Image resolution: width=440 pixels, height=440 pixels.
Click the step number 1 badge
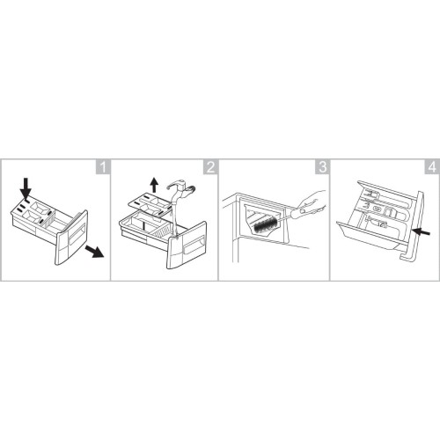pos(103,167)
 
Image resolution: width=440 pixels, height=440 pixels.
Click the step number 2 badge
pos(210,167)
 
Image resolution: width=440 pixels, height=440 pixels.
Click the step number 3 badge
pos(322,167)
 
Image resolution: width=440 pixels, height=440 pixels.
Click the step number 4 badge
pos(432,167)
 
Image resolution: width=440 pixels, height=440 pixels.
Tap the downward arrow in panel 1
pos(26,187)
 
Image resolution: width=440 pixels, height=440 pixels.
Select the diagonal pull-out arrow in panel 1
pos(94,252)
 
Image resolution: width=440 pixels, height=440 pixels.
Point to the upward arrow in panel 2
pos(154,186)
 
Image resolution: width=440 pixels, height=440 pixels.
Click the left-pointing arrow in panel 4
pos(421,232)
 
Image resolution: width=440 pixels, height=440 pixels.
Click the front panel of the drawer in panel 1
pos(71,238)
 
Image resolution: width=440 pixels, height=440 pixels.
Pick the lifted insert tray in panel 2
pos(150,205)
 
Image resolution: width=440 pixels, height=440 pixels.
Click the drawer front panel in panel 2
pos(187,246)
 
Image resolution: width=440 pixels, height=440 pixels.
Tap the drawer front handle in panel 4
pos(413,226)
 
